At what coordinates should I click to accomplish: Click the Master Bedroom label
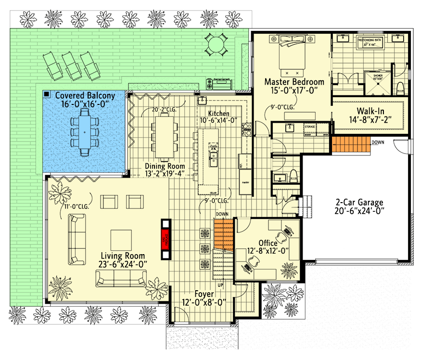pos(294,82)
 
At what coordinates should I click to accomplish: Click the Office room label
pos(267,243)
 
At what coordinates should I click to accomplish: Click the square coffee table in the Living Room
pos(121,239)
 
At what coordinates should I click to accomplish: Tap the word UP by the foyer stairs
pos(220,285)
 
